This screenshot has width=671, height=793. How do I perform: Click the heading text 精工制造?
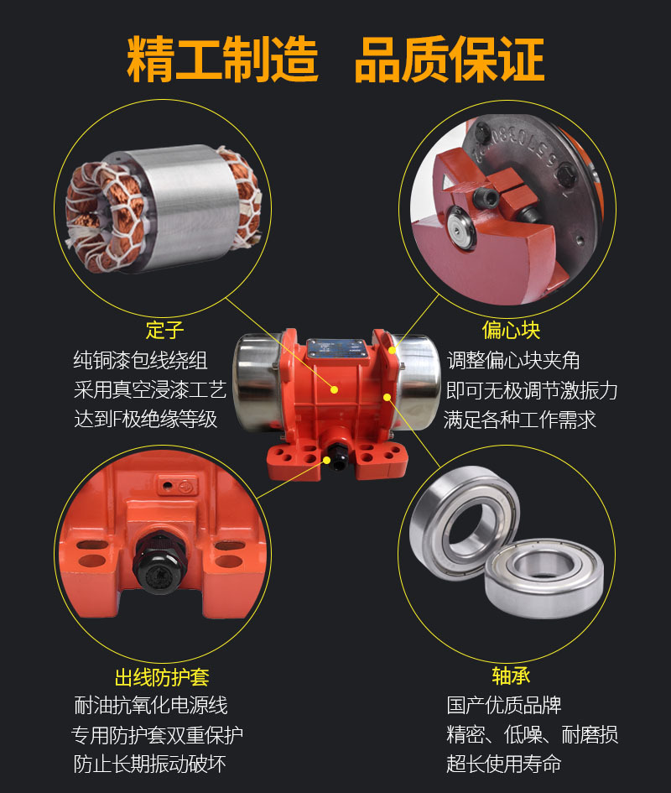(x=222, y=59)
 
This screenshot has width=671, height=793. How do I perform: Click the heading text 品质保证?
(x=450, y=59)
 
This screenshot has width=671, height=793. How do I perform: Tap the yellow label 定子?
(x=164, y=328)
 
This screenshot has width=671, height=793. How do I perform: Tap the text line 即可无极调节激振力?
(x=532, y=390)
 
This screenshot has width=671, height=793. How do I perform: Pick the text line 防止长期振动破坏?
(x=150, y=764)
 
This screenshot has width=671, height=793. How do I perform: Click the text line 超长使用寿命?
(x=503, y=764)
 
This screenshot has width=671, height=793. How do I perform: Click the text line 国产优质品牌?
(x=503, y=705)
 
